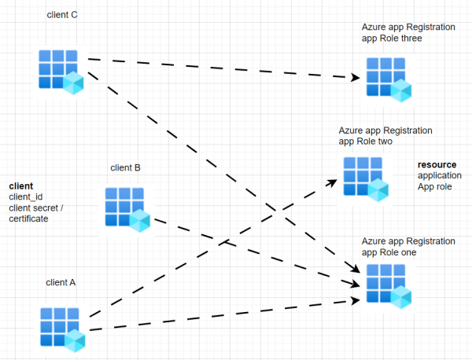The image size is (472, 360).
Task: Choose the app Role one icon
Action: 389,285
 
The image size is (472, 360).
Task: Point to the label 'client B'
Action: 126,167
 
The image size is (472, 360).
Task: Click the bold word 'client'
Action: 21,186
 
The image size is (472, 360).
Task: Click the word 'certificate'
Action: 28,219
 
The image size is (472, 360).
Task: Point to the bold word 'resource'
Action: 437,165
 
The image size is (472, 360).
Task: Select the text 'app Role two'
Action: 365,142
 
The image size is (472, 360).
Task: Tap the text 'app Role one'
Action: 389,252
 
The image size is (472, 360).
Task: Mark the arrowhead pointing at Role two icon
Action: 334,180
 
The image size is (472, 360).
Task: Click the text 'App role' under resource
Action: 435,187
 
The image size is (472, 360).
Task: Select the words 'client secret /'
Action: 36,208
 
